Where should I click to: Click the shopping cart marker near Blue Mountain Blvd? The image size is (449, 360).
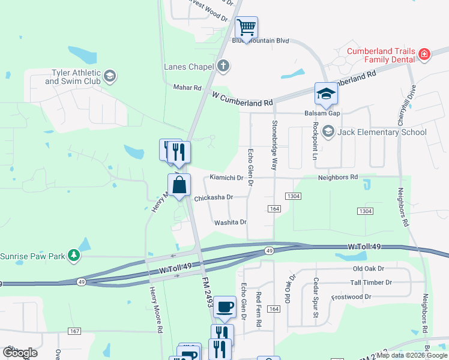point(246,28)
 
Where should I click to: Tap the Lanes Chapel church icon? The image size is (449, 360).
point(223,66)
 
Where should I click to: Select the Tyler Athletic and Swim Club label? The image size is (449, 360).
point(73,77)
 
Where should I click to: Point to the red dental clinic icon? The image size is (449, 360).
point(424,55)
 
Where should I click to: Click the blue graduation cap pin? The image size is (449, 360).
point(326,95)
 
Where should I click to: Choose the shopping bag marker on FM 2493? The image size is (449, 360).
point(179,185)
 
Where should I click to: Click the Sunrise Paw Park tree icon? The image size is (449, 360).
point(74,256)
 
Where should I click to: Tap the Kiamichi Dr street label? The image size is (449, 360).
point(226,178)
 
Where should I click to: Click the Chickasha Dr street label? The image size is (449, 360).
point(212,197)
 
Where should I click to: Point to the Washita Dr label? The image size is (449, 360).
point(231,222)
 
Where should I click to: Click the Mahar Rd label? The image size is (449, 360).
point(187,88)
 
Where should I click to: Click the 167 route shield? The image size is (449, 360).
point(74,331)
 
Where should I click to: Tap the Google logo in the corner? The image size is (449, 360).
point(20,353)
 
